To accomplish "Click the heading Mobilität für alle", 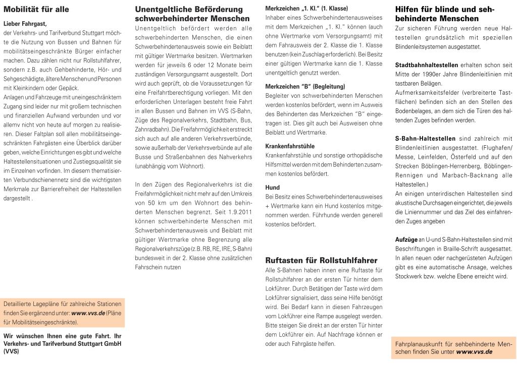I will (x=36, y=10).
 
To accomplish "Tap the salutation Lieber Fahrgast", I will (x=25, y=24).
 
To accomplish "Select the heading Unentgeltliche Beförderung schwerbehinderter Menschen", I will (x=189, y=14).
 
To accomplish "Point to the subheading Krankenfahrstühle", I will (x=290, y=146).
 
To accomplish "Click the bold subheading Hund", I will (x=272, y=188).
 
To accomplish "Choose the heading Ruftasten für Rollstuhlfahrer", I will (x=321, y=261).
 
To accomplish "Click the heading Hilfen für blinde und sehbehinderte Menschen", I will (x=444, y=14).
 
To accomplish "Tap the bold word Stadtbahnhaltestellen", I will (x=427, y=66).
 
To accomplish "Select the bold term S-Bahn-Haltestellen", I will (x=425, y=138).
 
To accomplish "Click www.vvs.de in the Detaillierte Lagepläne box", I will (x=88, y=313).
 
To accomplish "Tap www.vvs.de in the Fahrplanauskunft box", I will (x=474, y=351).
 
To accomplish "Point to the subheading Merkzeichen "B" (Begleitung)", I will (x=298, y=86).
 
